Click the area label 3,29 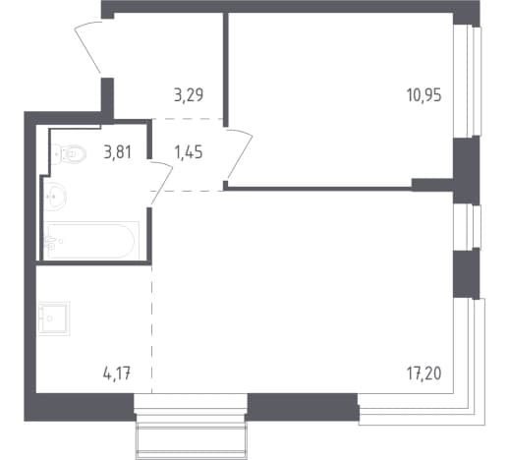189,95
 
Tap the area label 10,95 424,95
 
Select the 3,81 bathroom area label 118,152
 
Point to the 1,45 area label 189,152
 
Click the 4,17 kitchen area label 117,374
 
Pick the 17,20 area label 424,374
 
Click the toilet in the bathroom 69,153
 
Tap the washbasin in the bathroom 55,197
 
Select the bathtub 91,241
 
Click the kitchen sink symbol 54,318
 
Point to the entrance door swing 88,46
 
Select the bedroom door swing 239,154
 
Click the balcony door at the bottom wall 191,426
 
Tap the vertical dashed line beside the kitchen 151,328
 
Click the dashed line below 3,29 187,119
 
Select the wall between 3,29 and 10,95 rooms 225,70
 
